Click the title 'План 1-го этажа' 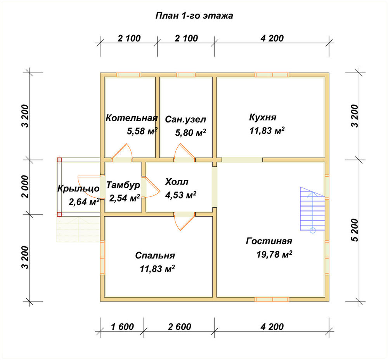pos(194,16)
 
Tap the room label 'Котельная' pos(132,118)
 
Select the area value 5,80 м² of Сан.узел pos(191,133)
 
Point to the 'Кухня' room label pos(263,117)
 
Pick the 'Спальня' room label pos(155,255)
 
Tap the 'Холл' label pos(177,182)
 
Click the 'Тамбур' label pos(123,185)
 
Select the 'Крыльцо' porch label pos(78,188)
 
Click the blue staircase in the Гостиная pos(312,210)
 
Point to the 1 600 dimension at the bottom pos(122,327)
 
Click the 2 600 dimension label pos(179,327)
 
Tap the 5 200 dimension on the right pos(355,230)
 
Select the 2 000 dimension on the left pos(25,187)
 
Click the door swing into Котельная pos(122,151)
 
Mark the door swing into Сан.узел pos(184,151)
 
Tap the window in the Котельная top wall pos(129,75)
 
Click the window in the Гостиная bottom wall pos(272,299)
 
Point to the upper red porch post pos(59,160)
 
